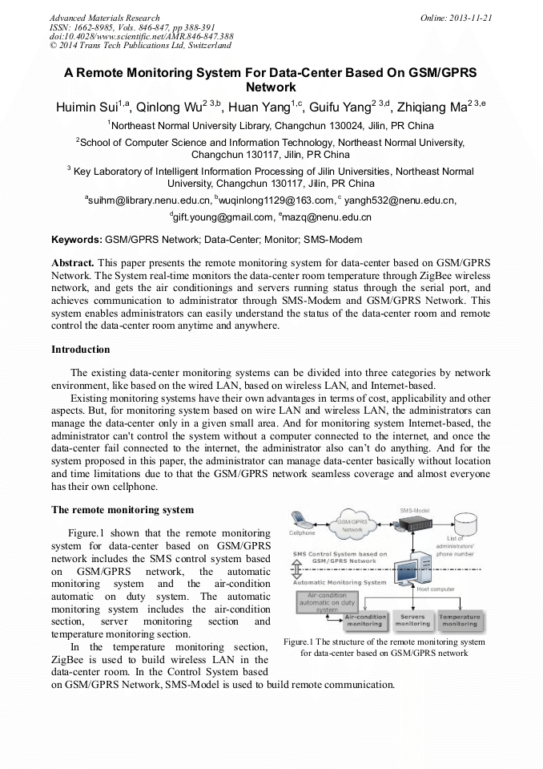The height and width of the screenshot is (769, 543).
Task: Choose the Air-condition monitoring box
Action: pos(363,620)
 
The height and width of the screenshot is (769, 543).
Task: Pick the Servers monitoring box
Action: pos(412,620)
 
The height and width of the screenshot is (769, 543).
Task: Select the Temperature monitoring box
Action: pos(460,620)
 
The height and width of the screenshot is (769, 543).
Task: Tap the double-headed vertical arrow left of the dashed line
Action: pos(297,569)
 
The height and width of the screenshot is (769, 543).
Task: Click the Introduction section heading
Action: pos(80,350)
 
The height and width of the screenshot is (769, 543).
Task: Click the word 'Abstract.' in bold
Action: pos(73,262)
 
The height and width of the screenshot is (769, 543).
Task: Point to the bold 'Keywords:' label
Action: pos(77,240)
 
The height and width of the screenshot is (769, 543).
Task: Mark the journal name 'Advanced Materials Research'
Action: pos(104,18)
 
